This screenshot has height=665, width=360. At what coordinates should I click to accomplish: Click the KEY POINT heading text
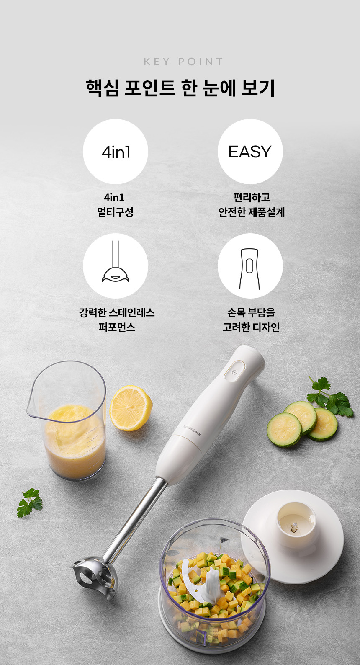(183, 62)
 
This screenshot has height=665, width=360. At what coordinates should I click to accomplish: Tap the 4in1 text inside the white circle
(116, 152)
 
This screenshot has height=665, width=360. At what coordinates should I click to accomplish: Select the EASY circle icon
(250, 152)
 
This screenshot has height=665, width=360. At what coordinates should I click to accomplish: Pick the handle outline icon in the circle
(249, 269)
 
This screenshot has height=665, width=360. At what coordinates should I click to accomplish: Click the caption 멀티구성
(115, 212)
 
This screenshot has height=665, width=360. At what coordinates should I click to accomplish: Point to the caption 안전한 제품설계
(252, 212)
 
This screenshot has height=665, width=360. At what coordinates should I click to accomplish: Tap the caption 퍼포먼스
(117, 327)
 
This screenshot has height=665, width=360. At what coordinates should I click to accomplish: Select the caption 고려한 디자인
(251, 327)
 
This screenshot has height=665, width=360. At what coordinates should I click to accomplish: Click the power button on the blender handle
(234, 371)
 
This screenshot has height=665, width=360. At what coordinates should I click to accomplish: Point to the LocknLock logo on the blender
(192, 430)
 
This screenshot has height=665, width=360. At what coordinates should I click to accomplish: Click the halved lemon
(131, 407)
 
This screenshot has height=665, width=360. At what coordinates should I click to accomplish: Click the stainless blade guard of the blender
(94, 577)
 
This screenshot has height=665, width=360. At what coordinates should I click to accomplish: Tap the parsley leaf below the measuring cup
(29, 503)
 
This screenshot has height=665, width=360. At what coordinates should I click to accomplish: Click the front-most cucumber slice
(284, 430)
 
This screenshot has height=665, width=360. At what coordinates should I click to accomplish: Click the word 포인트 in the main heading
(150, 88)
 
